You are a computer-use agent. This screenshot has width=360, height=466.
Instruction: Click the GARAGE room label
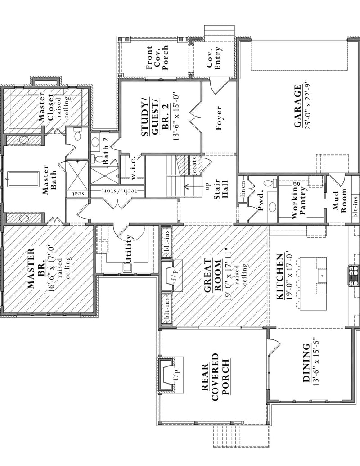tap(297, 109)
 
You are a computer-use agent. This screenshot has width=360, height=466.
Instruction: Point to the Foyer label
tap(219, 118)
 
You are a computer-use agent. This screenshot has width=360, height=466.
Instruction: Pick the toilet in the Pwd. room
tap(269, 183)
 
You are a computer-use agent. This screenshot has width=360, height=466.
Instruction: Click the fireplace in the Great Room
tap(169, 275)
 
